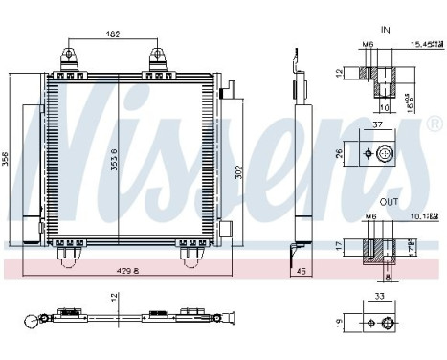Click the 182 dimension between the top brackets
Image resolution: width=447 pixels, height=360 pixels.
[x=114, y=34]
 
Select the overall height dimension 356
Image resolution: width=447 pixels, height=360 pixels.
[x=7, y=160]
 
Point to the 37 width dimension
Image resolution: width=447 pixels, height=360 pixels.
[x=378, y=124]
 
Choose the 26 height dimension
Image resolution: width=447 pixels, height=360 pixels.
[x=341, y=152]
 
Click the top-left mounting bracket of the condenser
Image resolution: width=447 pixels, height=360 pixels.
[x=70, y=56]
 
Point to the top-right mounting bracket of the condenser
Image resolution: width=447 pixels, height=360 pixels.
[x=158, y=56]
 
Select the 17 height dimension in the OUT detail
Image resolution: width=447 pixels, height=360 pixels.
[x=341, y=246]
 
